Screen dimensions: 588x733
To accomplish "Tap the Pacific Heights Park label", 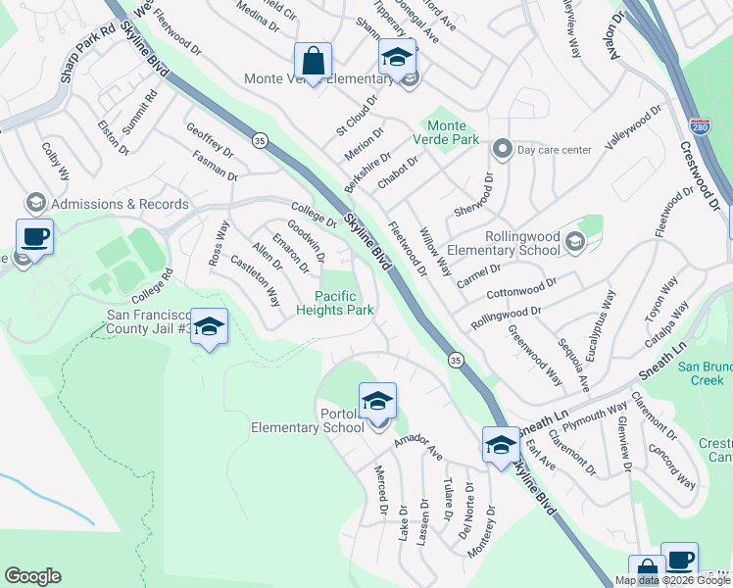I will (x=336, y=303).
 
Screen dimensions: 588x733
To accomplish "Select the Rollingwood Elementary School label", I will (x=523, y=244).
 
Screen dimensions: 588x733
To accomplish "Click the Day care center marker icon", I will (x=503, y=150).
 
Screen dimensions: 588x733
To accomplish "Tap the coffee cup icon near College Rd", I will (x=35, y=237).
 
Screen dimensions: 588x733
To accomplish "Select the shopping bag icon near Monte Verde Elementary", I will (x=313, y=61).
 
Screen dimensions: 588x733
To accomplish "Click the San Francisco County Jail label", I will (x=148, y=322).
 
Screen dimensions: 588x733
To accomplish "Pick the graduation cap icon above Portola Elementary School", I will (x=377, y=401).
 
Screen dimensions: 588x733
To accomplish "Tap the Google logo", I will (x=32, y=576).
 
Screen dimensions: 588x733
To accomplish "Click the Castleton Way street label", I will (x=255, y=281).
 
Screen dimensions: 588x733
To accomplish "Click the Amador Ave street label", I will (x=418, y=447).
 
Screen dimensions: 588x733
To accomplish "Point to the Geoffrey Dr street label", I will (x=211, y=139).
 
